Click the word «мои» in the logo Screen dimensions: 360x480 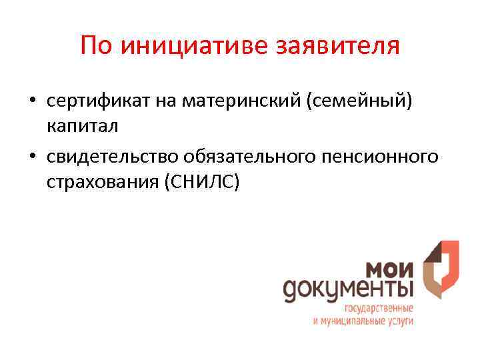[389, 270]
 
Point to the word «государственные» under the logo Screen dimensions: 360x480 [379, 309]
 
